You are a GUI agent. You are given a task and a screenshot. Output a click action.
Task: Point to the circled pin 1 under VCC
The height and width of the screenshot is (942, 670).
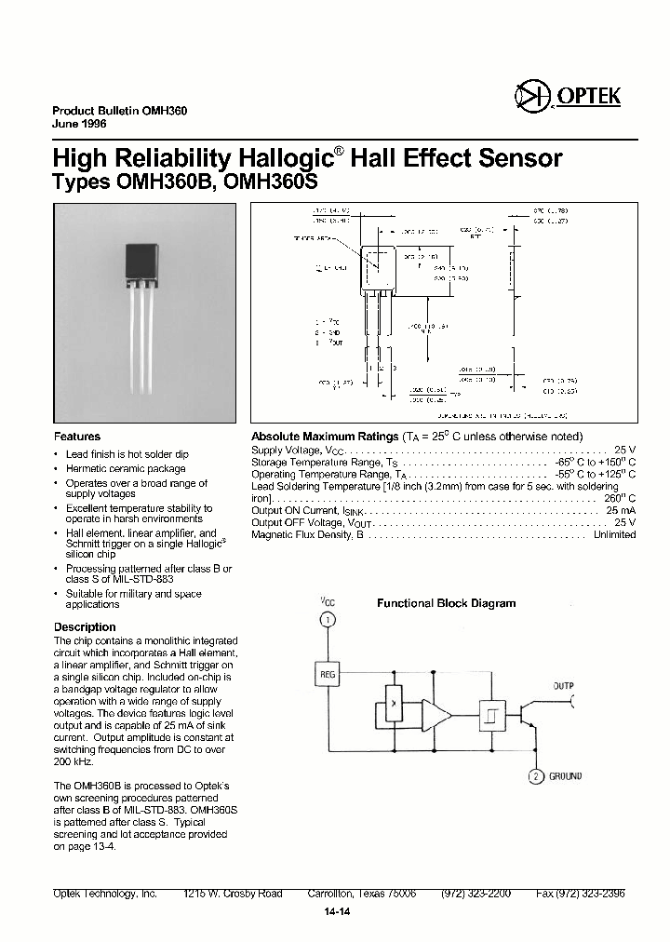pyautogui.click(x=327, y=620)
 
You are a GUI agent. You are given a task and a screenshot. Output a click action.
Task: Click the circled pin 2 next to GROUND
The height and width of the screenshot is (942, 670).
pyautogui.click(x=535, y=776)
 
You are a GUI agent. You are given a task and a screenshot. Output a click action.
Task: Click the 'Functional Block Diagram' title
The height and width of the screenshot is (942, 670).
pyautogui.click(x=446, y=603)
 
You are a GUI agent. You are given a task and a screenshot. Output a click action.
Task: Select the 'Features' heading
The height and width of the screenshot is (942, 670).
pyautogui.click(x=77, y=437)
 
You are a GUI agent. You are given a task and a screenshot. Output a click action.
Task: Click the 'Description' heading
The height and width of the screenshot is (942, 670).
pyautogui.click(x=85, y=627)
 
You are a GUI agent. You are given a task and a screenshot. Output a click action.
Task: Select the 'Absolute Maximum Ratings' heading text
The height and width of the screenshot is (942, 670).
pyautogui.click(x=325, y=437)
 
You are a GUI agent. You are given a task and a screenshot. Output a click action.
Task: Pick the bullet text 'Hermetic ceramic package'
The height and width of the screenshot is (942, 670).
pyautogui.click(x=126, y=469)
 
